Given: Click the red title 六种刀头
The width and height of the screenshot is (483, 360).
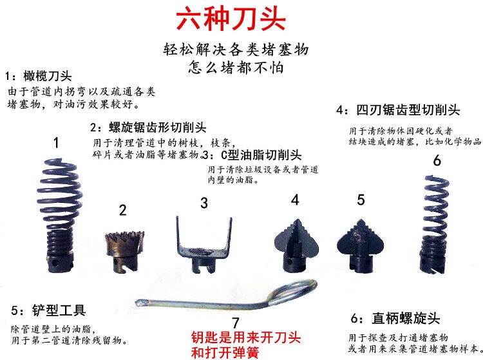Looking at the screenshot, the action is pos(231,19).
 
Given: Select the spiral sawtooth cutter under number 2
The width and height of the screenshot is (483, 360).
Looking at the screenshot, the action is pos(125,251).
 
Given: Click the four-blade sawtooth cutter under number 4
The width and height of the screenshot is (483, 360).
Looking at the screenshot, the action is pos(296,246).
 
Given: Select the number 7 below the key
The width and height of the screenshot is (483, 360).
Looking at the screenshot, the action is pos(235,323).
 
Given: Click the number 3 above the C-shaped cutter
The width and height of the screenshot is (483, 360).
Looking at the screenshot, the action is pos(204,204).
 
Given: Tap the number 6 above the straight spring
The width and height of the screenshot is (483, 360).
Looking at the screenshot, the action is pos(437,161).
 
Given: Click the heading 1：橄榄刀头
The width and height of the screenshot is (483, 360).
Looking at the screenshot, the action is pos(39,76).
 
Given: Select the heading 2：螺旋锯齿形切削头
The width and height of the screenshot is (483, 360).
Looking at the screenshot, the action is pos(148,128).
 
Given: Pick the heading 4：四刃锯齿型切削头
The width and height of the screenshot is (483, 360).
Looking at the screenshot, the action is pos(398,110).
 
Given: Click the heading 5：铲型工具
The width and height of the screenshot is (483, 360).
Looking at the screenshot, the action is pos(48,310).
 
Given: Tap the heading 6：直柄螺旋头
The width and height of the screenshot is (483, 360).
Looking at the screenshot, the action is pos(395,318).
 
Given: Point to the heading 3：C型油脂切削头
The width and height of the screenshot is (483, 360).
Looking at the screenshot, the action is pos(252,155).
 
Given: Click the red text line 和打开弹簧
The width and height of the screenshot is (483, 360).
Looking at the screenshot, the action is pos(225,353).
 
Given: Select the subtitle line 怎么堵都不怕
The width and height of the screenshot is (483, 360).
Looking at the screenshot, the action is pos(236,68).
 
